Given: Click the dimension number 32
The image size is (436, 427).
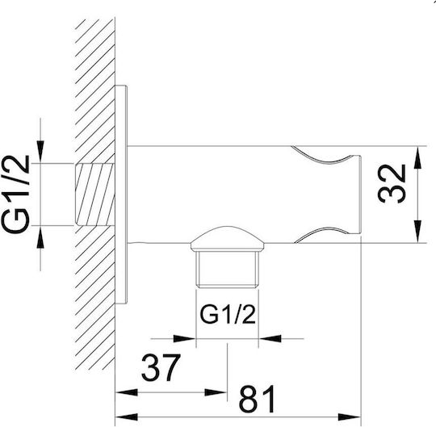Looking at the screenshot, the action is click(x=392, y=184).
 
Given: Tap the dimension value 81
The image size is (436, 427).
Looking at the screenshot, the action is click(x=257, y=399).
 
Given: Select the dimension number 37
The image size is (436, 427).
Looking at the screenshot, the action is click(x=161, y=367).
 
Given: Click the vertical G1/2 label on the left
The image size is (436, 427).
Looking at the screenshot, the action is click(x=15, y=194).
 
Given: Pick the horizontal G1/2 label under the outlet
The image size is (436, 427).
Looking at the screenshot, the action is click(x=228, y=315).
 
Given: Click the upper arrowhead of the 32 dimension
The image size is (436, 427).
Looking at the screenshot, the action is click(x=417, y=157).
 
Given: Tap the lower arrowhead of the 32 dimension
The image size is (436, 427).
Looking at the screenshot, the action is click(x=417, y=232).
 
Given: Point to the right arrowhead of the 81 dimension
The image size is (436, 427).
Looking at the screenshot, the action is click(x=349, y=417).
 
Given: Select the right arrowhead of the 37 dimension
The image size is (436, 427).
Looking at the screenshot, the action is click(x=216, y=392).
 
